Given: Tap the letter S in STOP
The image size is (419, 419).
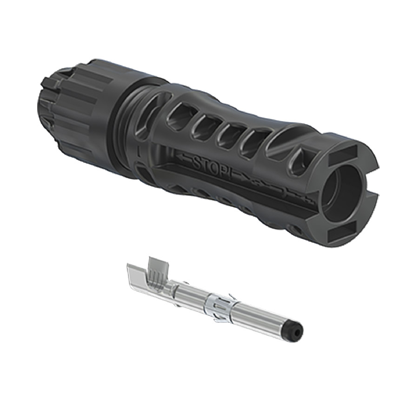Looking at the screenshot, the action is (x=196, y=161).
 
